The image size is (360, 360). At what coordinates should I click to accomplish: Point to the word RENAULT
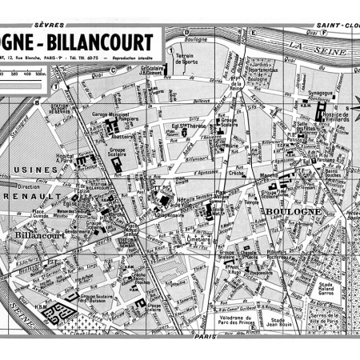tap(40, 194)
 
